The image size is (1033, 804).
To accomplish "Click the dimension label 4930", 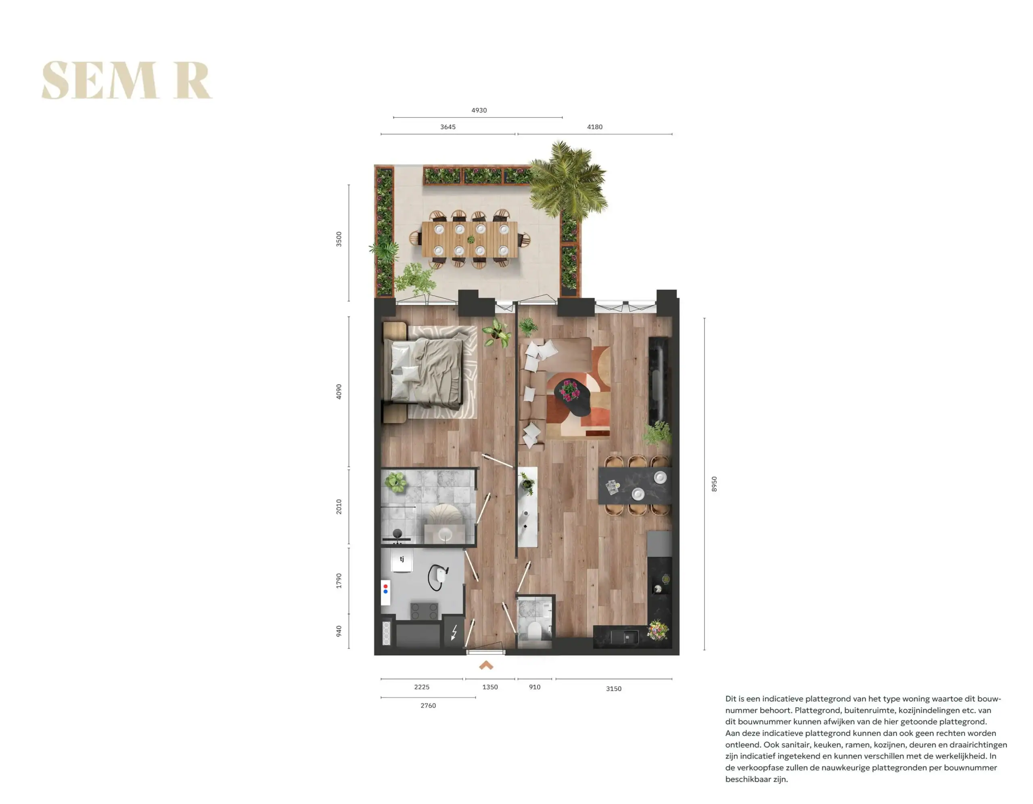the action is pyautogui.click(x=479, y=110).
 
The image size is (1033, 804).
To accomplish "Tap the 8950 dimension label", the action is pyautogui.click(x=714, y=484).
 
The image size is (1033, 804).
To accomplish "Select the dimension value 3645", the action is pyautogui.click(x=448, y=127).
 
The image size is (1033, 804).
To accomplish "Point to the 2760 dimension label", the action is pyautogui.click(x=428, y=706).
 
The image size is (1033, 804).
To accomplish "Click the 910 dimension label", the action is pyautogui.click(x=535, y=687).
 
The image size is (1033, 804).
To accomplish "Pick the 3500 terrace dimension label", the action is pyautogui.click(x=339, y=239).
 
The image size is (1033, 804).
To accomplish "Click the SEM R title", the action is pyautogui.click(x=127, y=80).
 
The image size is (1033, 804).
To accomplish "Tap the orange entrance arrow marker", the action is pyautogui.click(x=486, y=665).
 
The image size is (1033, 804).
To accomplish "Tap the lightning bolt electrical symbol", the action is pyautogui.click(x=454, y=632).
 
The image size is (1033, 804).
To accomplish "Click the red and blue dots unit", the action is pyautogui.click(x=385, y=592).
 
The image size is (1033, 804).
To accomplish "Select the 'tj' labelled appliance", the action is pyautogui.click(x=402, y=562).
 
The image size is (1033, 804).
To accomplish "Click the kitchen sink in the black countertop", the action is pyautogui.click(x=624, y=637).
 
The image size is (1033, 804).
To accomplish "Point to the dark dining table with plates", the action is pyautogui.click(x=635, y=486).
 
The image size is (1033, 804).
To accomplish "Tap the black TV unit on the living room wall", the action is pyautogui.click(x=658, y=381).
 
